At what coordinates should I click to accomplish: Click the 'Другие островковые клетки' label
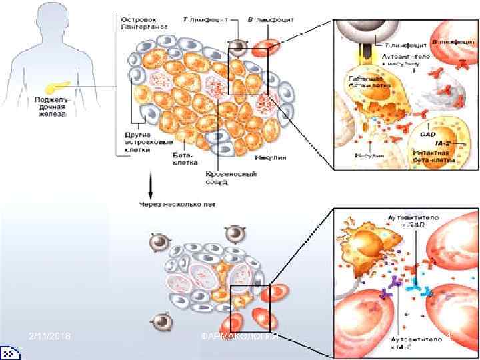pyautogui.click(x=139, y=142)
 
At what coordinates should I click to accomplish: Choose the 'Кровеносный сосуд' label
pyautogui.click(x=220, y=176)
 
